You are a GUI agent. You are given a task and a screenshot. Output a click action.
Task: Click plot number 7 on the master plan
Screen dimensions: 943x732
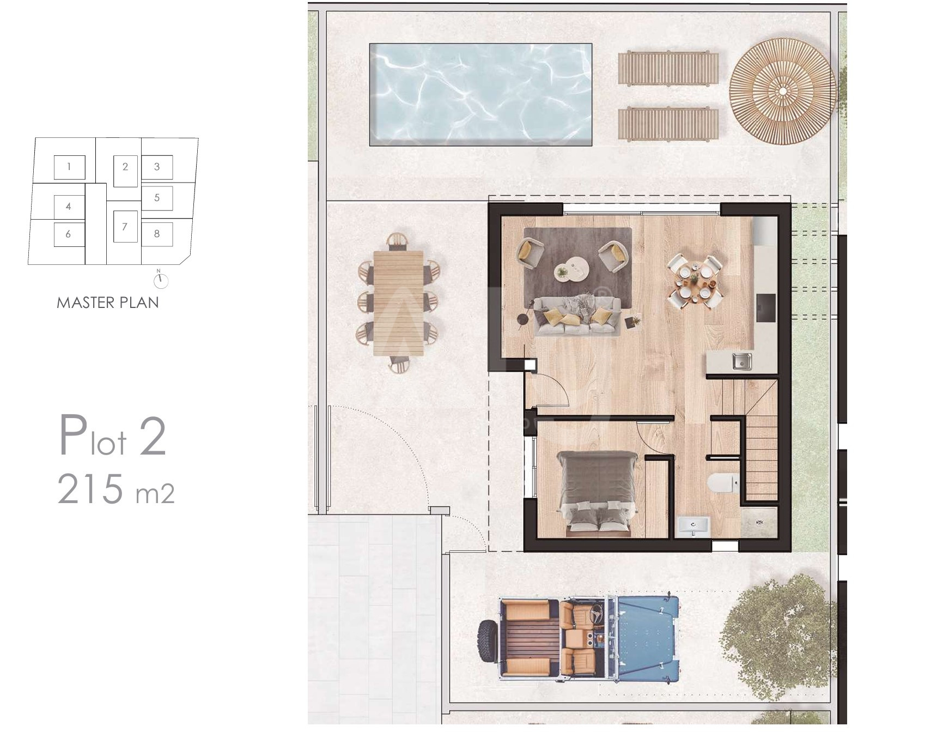pos(125,227)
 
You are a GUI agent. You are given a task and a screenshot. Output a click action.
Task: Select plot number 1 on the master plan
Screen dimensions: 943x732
pos(69,166)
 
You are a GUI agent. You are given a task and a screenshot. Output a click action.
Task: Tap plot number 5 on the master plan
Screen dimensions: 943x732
pos(157,197)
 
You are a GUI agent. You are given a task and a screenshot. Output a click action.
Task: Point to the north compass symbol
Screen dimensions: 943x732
pos(161,280)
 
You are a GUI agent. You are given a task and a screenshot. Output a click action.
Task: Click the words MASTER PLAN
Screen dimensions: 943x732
pos(108,303)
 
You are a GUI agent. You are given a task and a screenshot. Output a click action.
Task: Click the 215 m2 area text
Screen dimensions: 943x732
pos(116,489)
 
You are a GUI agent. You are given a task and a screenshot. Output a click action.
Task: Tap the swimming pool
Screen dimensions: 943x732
pos(480,95)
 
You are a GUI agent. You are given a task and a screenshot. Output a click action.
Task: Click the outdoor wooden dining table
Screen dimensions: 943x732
pos(399,303)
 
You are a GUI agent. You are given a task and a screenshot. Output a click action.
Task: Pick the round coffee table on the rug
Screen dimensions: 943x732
pos(571,269)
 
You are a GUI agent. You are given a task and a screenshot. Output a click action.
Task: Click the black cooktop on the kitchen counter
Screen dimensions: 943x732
pos(766,308)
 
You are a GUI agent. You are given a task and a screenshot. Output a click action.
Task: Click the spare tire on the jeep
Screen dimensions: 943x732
pos(486,642)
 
